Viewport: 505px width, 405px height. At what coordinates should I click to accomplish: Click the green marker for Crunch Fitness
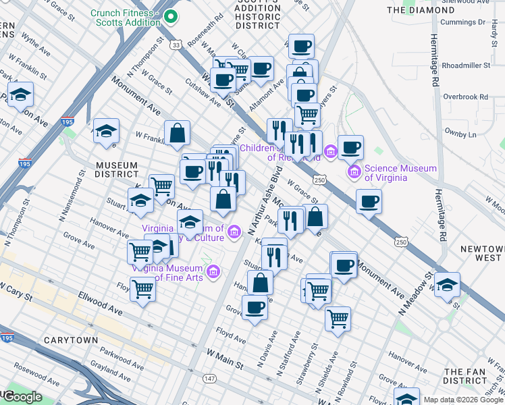170,16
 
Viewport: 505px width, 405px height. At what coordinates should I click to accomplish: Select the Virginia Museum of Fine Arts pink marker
213,272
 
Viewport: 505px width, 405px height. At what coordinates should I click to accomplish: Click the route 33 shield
176,45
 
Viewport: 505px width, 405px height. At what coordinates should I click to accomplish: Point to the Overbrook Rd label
467,97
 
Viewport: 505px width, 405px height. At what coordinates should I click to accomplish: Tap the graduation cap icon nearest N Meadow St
447,284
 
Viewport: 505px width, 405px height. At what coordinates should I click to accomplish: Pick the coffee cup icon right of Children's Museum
350,146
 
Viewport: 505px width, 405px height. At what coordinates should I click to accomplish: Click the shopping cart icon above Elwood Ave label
142,290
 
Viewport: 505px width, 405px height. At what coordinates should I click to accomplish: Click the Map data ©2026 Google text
463,400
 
